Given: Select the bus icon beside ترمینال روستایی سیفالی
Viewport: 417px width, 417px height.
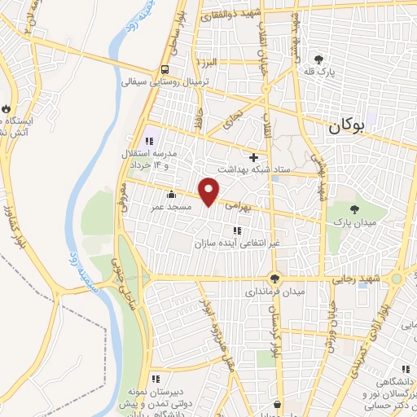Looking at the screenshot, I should [165, 69].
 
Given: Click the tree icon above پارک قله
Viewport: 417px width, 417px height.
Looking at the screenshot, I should [318, 59].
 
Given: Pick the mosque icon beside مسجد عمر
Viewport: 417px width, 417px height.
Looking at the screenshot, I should [170, 195].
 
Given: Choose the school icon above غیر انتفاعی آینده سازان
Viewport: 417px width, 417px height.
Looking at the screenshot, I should [237, 230].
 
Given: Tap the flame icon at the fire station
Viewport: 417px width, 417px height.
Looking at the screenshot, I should [6, 108].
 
